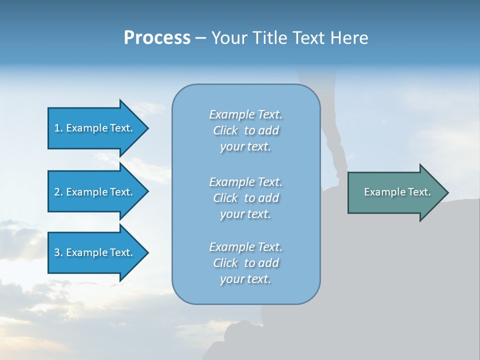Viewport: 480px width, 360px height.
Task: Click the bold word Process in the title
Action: coord(157,38)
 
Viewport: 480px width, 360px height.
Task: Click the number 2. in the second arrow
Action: coord(58,192)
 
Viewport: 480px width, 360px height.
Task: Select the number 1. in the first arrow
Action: coord(58,128)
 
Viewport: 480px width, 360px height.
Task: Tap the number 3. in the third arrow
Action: coord(58,252)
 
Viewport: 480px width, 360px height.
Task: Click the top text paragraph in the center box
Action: coord(245,130)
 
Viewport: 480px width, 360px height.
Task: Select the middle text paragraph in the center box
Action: coord(245,198)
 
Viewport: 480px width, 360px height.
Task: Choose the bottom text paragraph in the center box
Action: coord(245,263)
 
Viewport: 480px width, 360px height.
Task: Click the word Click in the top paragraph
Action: coord(225,130)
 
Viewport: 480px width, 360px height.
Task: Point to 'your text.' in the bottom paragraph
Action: coord(245,279)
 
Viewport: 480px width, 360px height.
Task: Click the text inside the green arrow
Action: coord(397,192)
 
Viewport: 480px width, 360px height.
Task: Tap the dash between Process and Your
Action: coord(200,38)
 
